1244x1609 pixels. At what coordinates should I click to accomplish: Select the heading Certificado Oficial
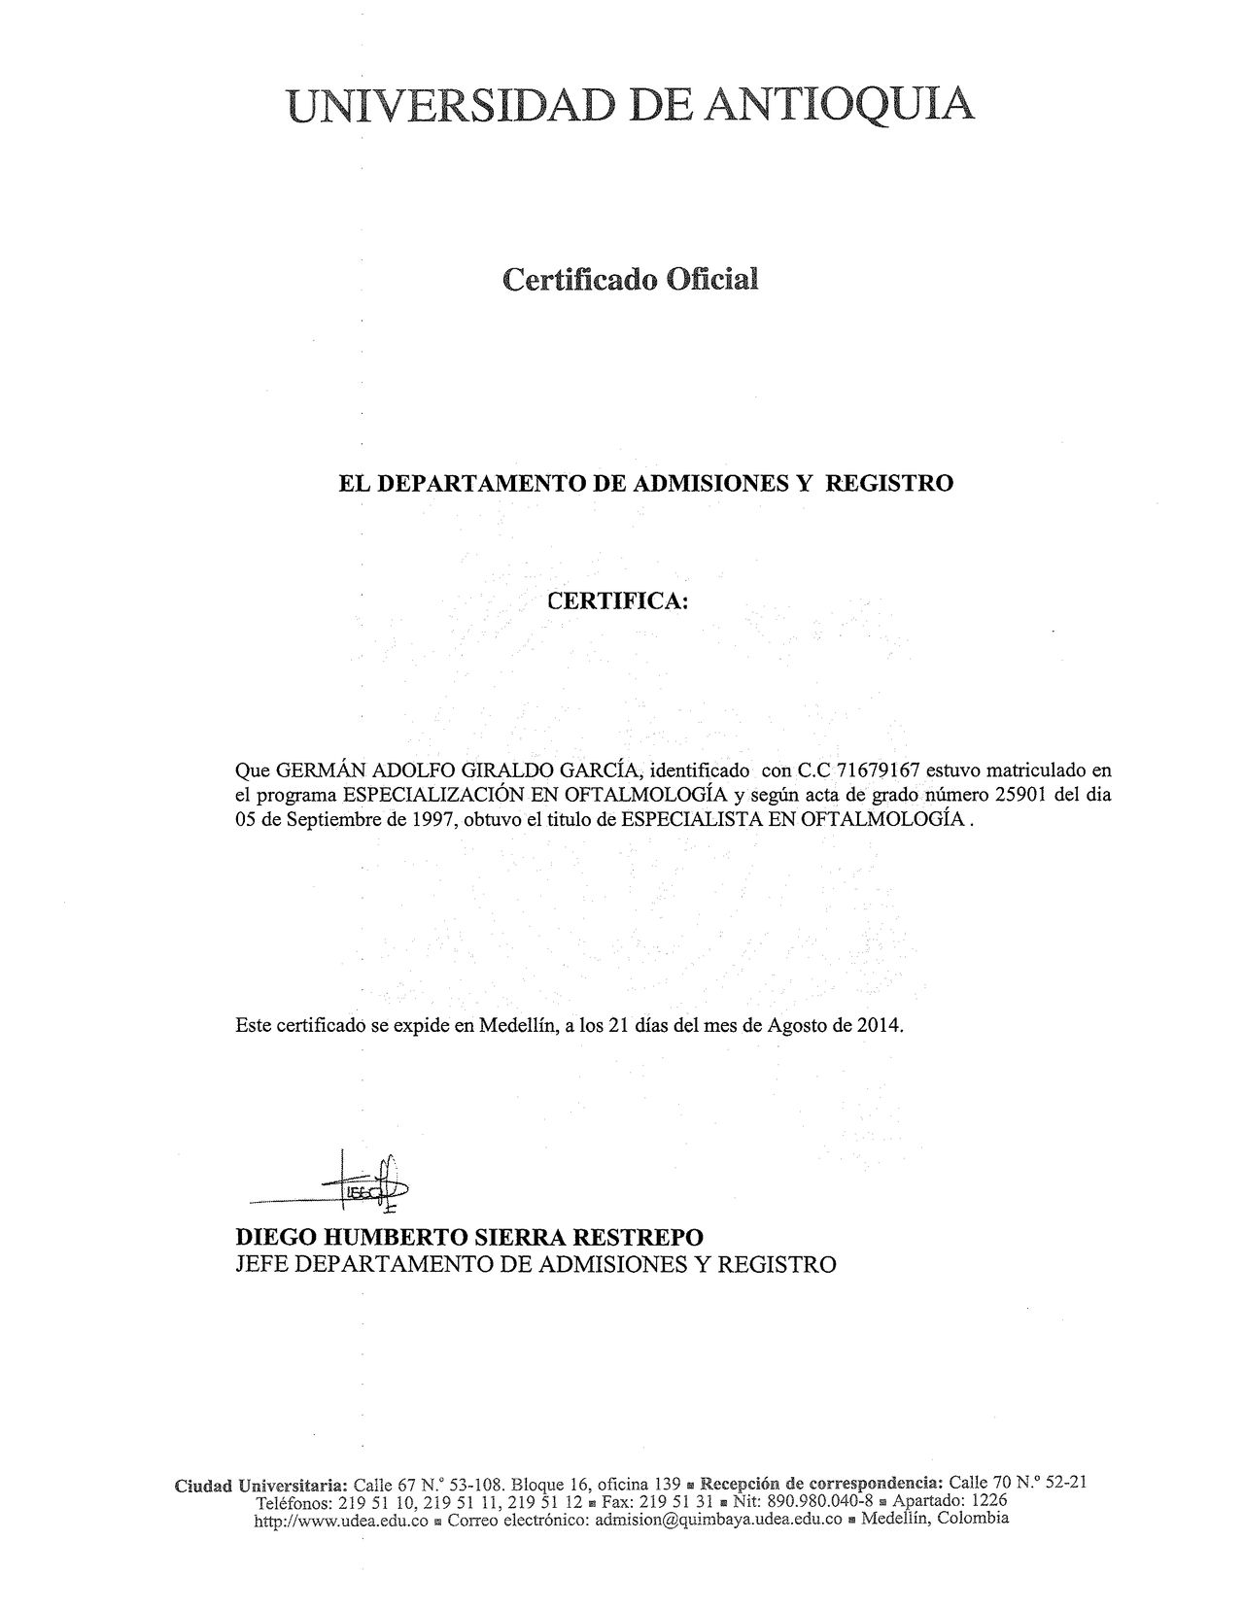pyautogui.click(x=629, y=280)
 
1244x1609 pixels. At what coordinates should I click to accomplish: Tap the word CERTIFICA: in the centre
pyautogui.click(x=618, y=601)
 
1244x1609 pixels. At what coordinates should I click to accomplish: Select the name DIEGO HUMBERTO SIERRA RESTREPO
pyautogui.click(x=469, y=1238)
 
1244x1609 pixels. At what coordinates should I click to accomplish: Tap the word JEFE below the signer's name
pyautogui.click(x=261, y=1264)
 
